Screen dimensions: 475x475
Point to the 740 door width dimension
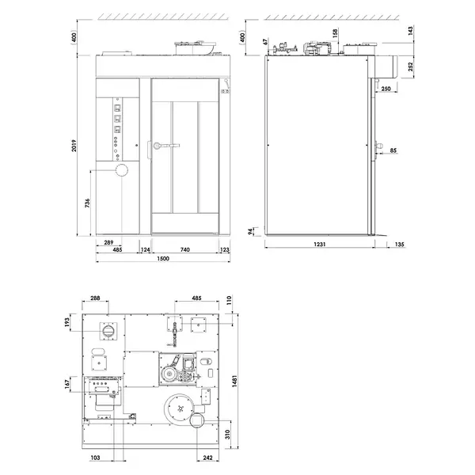pyautogui.click(x=185, y=250)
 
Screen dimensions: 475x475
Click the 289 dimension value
pyautogui.click(x=109, y=241)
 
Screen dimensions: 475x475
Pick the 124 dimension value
pyautogui.click(x=145, y=250)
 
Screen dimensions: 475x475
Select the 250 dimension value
pyautogui.click(x=385, y=90)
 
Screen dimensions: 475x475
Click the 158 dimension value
pyautogui.click(x=335, y=36)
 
